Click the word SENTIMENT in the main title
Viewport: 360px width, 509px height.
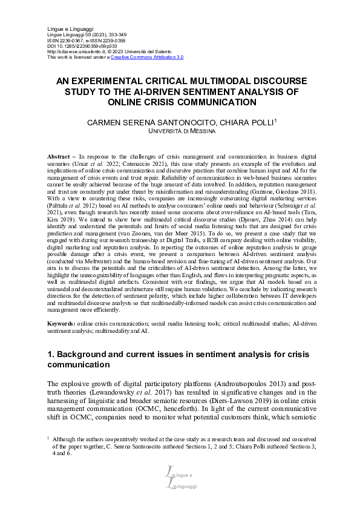coord(226,91)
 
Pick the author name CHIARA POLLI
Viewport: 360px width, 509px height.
coord(249,122)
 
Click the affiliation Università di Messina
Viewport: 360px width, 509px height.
coord(180,131)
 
